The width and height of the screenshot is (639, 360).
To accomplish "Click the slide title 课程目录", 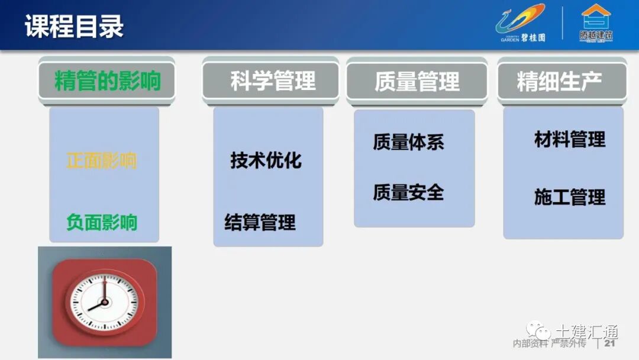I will point(75,27).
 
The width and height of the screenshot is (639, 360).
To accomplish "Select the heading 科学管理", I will point(273,81).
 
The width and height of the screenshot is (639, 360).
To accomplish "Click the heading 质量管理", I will point(417,82).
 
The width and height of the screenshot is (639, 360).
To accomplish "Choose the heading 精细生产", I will point(559,81).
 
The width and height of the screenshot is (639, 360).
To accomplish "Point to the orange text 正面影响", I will point(102,160).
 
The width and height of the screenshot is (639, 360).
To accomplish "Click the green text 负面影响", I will point(102,222).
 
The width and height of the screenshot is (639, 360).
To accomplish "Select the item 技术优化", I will point(266,160).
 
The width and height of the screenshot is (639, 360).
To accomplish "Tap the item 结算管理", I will point(260,223).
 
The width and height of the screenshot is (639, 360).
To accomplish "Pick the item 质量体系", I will point(408,142).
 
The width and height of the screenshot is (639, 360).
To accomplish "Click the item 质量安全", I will point(408,192).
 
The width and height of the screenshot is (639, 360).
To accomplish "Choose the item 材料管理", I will point(570,140).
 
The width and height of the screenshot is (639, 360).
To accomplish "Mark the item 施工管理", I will point(570,197).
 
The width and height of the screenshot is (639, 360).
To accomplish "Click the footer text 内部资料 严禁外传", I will point(548,344).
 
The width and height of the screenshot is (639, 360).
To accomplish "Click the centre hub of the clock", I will point(104,302).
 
